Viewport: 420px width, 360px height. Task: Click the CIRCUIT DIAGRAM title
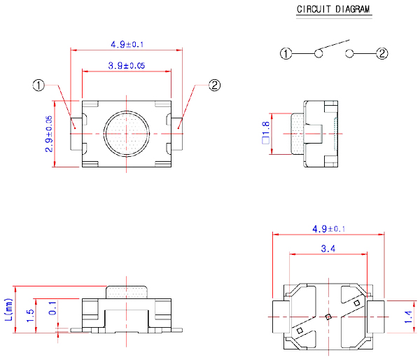click(x=334, y=10)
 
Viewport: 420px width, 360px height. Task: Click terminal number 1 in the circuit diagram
click(x=286, y=53)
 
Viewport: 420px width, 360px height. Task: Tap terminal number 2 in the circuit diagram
click(x=382, y=53)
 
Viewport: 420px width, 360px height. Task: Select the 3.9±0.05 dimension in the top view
click(x=127, y=65)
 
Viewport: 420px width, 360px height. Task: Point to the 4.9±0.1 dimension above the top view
click(x=127, y=45)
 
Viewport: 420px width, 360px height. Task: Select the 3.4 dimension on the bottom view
click(x=327, y=249)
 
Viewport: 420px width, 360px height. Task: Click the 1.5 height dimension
click(x=30, y=315)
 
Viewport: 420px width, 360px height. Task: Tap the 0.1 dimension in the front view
click(x=52, y=308)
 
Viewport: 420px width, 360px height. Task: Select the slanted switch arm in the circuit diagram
click(x=335, y=46)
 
